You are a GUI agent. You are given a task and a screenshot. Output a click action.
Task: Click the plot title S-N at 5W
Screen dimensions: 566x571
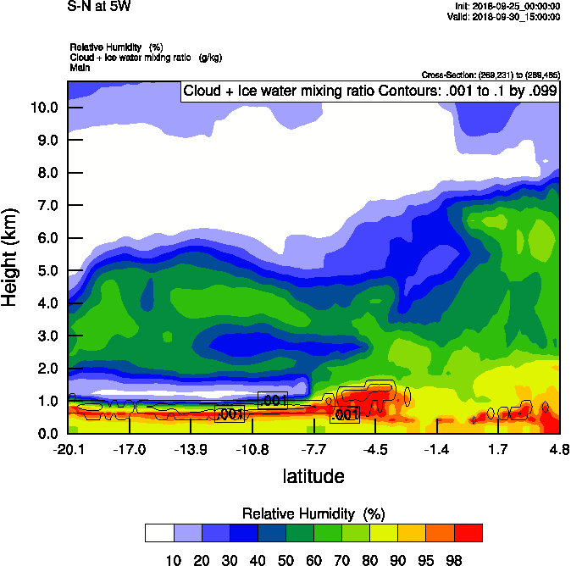coord(98,6)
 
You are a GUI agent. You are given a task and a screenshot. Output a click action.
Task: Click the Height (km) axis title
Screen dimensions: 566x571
coord(10,258)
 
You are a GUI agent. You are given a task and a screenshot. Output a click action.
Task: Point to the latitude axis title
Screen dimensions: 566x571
coord(313,476)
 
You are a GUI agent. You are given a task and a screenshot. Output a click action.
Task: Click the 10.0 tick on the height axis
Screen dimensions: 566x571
coord(45,108)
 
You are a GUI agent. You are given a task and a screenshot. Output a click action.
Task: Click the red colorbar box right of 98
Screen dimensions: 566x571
coord(468,532)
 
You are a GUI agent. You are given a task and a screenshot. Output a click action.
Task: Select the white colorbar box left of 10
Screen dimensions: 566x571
coord(158,532)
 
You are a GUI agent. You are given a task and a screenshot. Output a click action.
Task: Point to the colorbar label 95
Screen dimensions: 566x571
coord(424,559)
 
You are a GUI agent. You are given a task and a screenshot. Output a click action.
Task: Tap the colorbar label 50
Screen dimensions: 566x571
coord(285,559)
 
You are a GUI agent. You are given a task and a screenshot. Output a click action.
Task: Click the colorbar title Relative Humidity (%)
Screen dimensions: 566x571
coord(313,513)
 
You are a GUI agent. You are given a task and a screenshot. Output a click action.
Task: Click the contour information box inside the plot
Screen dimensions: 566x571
coord(370,92)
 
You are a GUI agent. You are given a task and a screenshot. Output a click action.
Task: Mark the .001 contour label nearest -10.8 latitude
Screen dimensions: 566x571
coord(273,401)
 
